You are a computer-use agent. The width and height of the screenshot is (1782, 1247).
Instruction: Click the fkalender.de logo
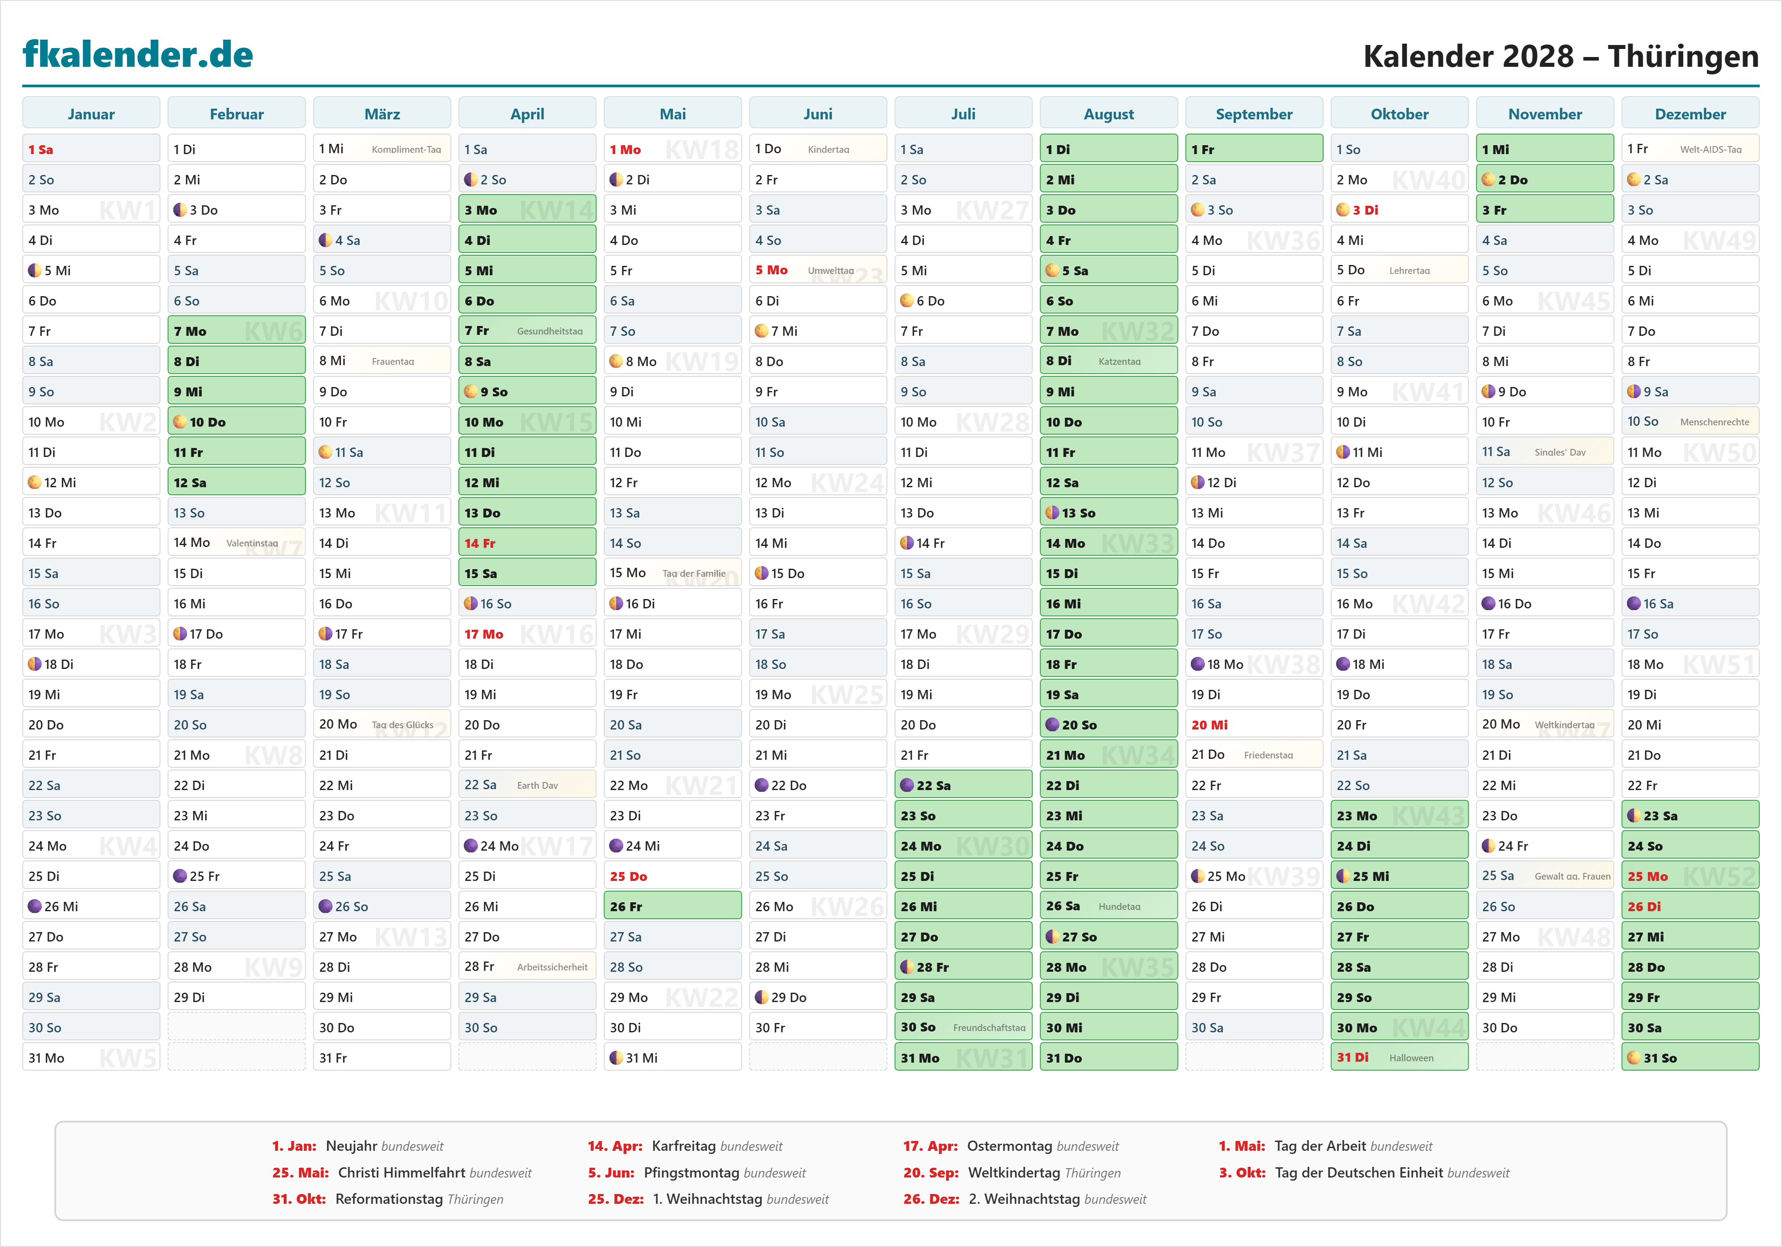[138, 54]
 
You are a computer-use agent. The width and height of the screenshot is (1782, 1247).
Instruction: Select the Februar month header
[237, 114]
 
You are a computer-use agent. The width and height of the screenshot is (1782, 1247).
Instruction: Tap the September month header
[1254, 114]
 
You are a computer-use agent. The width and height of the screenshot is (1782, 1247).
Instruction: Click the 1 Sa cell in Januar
[91, 149]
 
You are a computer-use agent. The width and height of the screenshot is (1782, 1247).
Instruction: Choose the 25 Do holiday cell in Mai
[672, 876]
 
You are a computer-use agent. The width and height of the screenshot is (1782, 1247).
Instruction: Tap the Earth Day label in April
[537, 785]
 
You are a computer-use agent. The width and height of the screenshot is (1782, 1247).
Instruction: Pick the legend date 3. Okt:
[1242, 1173]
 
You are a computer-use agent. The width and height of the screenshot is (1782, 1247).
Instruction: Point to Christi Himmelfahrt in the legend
[402, 1173]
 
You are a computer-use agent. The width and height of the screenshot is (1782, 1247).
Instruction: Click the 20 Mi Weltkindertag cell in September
[1254, 725]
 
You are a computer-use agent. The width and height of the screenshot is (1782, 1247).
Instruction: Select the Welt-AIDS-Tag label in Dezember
[1711, 149]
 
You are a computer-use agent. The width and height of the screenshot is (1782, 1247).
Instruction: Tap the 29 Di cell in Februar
[237, 997]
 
